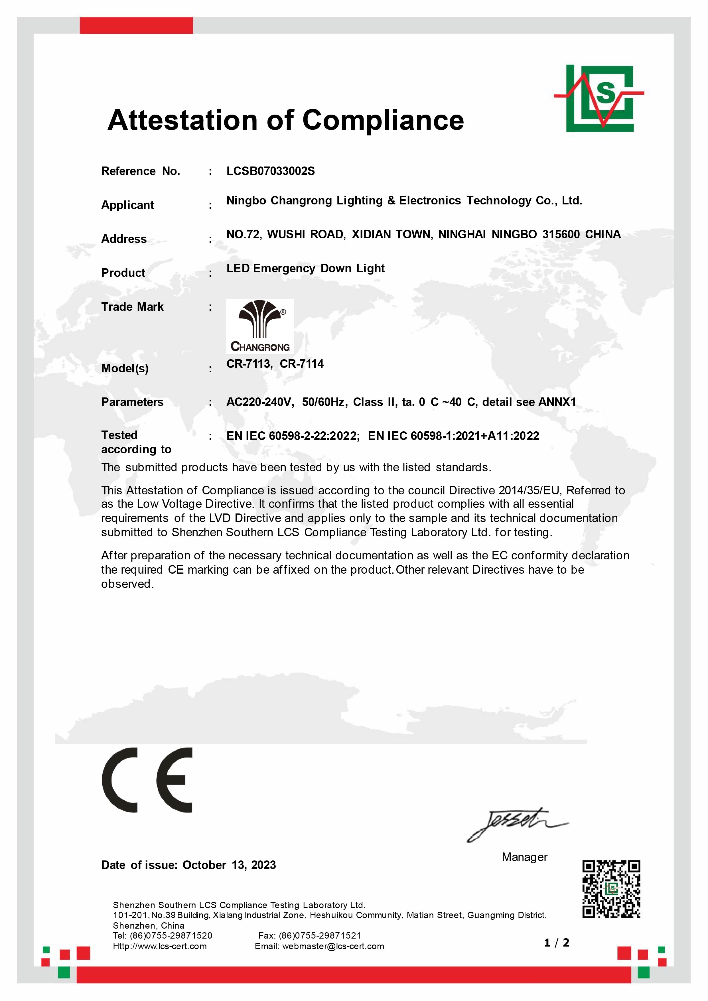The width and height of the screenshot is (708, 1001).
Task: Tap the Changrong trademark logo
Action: tap(260, 326)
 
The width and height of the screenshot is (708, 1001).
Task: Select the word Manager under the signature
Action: tap(524, 857)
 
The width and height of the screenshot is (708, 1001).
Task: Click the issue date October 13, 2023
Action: tap(229, 865)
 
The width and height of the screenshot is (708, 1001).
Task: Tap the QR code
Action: tap(611, 890)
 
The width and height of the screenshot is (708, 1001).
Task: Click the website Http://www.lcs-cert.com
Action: tap(160, 946)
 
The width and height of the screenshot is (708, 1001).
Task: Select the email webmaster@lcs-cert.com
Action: tap(333, 946)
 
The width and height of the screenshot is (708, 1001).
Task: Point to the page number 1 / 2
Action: tap(557, 943)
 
